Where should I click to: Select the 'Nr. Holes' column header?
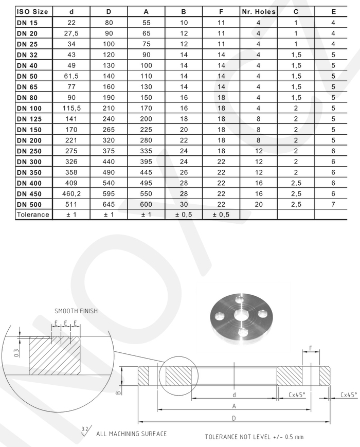pos(258,11)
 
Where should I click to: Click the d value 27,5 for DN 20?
pos(71,33)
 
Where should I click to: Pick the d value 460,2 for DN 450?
pos(71,193)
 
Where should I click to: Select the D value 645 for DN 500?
pos(109,204)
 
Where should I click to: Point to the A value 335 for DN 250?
pos(146,151)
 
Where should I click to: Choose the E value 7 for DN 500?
pos(333,204)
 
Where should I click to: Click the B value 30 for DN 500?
pos(184,204)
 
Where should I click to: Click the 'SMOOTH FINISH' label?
pos(76,311)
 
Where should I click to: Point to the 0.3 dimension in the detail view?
pos(16,353)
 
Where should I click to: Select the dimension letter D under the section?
pos(234,418)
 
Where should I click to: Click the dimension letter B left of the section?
pos(118,392)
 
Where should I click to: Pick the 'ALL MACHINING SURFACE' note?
pos(131,434)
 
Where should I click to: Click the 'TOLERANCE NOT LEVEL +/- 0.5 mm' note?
pos(255,437)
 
